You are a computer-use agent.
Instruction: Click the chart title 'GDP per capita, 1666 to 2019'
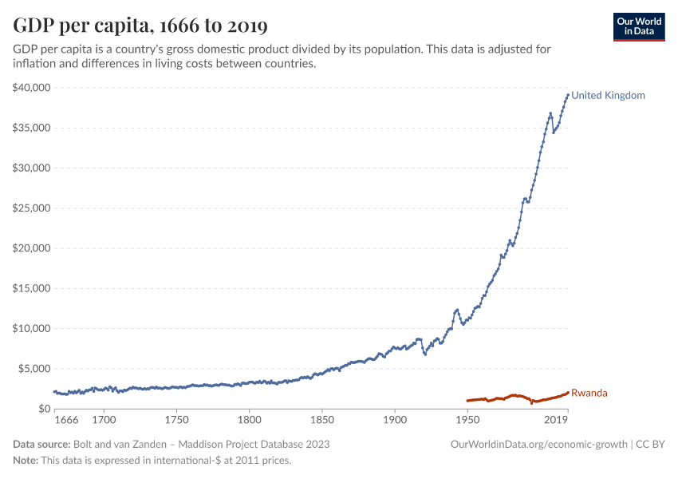140,26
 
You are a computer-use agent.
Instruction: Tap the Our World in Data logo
638,26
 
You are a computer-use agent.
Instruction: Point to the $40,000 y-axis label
32,88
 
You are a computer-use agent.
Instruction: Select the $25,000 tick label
32,208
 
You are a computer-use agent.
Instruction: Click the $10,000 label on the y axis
32,329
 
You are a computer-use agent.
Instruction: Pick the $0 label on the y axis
45,409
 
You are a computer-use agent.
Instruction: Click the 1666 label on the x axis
67,419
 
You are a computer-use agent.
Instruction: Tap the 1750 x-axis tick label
176,419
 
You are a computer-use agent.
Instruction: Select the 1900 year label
395,419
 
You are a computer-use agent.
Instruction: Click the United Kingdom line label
608,96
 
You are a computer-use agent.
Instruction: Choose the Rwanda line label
589,393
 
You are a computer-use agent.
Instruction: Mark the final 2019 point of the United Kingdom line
567,95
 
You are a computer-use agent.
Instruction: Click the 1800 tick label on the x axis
250,419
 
